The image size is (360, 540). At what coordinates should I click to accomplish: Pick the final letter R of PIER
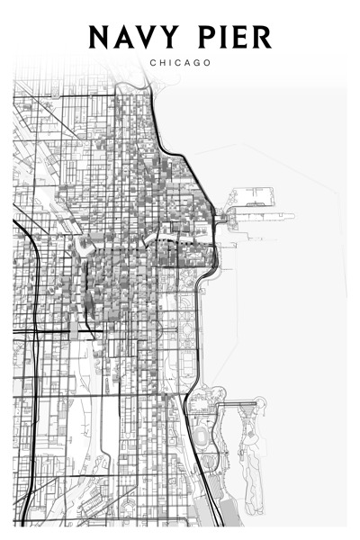(x=264, y=37)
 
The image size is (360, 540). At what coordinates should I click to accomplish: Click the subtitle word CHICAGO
(x=181, y=63)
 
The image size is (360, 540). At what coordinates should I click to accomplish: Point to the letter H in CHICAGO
(x=163, y=63)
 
